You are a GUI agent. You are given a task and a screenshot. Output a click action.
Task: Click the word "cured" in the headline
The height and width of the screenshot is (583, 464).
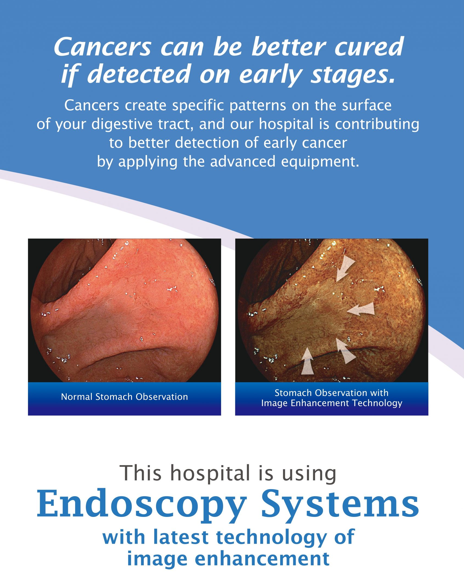[369, 47]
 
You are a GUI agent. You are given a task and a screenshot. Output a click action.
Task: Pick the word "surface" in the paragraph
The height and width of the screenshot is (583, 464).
[367, 105]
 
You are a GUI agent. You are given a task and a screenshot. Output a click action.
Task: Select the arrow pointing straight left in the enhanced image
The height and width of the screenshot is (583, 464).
[361, 310]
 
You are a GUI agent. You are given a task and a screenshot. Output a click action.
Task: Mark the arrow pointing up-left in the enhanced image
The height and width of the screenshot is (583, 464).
[346, 351]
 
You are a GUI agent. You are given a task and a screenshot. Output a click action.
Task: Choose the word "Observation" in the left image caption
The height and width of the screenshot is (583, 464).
[162, 397]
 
